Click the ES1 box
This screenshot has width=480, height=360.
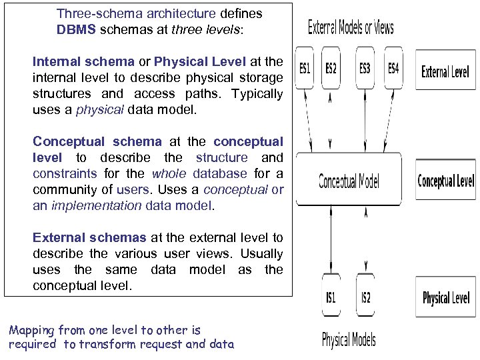coord(305,69)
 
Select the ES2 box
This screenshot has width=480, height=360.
coord(331,69)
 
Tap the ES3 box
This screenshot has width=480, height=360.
coord(365,69)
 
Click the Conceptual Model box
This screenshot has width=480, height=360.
coord(349,180)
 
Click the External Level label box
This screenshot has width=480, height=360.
coord(445,71)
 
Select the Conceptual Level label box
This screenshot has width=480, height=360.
coord(445,181)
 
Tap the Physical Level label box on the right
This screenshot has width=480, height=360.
coord(445,297)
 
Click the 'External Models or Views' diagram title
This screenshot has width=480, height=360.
coord(351,28)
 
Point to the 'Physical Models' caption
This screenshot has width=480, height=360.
coord(349,340)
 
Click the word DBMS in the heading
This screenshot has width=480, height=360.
coord(76,29)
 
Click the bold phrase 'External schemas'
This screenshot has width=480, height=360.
coord(89,237)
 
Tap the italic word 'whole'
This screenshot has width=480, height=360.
coord(169,173)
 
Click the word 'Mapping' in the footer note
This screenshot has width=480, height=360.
coord(31,329)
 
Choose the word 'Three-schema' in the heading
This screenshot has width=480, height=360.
coord(94,13)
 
